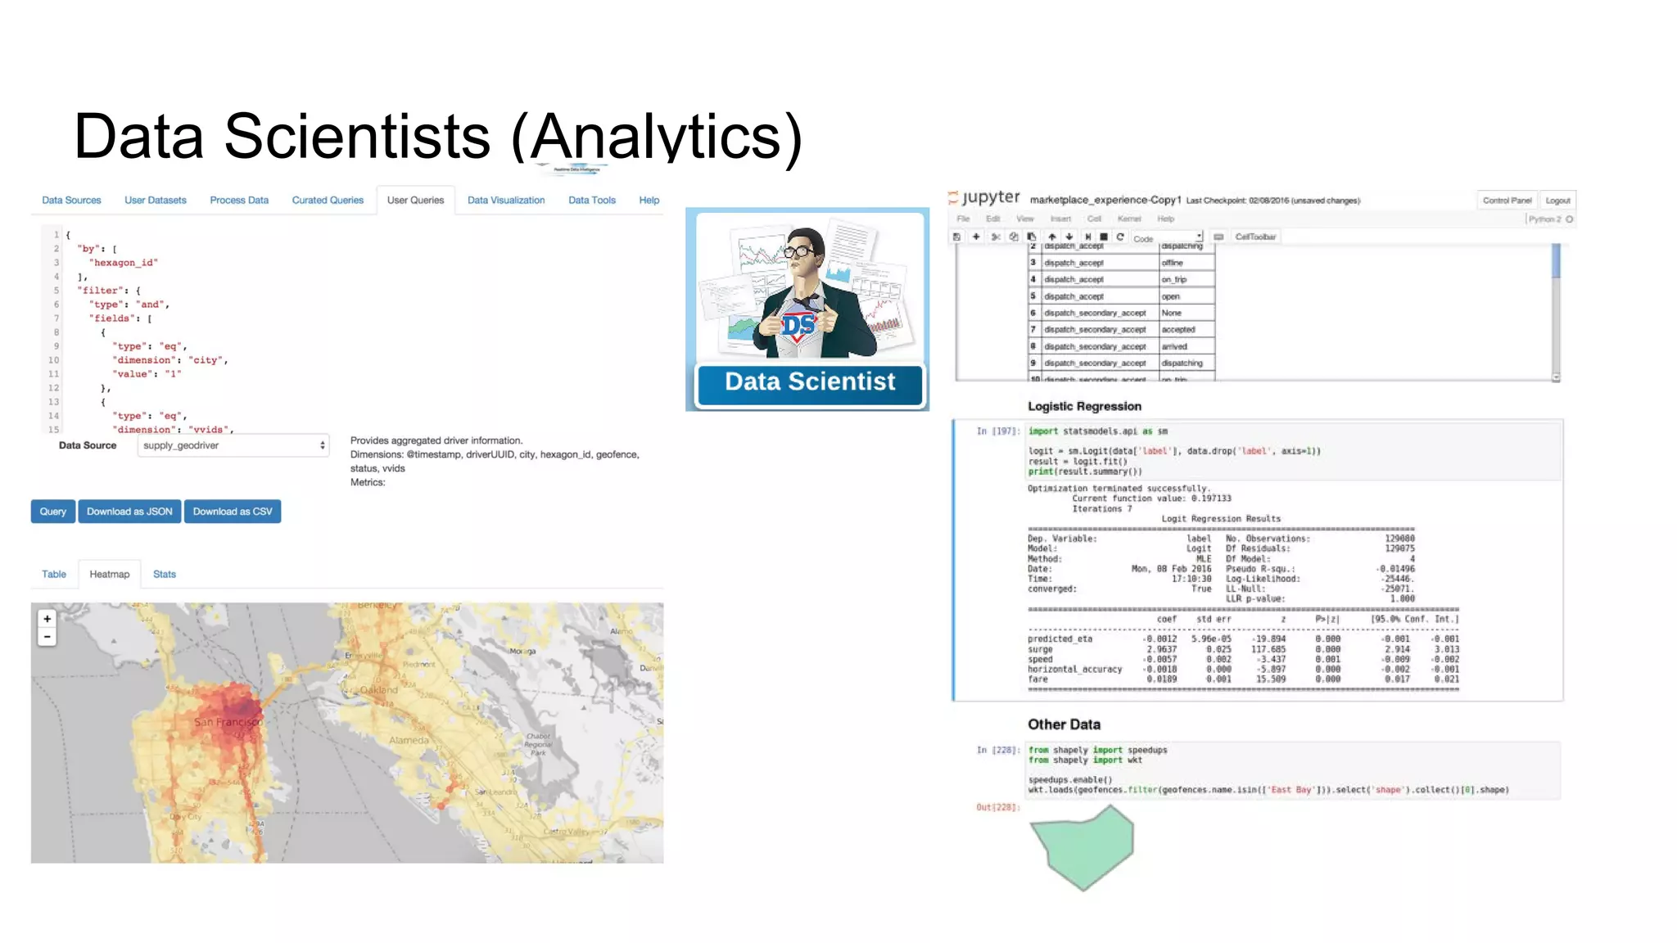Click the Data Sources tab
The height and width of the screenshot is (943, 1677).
[71, 200]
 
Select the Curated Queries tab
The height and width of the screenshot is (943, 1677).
[328, 200]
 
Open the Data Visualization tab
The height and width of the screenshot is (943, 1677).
[506, 200]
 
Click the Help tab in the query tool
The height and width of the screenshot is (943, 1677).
[649, 200]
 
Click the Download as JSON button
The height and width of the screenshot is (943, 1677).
[129, 512]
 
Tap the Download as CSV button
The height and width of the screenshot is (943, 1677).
[233, 512]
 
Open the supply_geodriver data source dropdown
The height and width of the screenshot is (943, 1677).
[233, 445]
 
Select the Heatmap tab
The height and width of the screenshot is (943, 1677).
[109, 574]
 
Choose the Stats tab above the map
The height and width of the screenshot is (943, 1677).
[164, 574]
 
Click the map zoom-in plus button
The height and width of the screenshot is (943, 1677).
[47, 619]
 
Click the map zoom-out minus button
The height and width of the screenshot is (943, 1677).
[47, 637]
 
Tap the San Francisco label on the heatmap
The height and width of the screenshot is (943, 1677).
[228, 722]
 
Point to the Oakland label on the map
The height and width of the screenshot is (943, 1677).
[379, 690]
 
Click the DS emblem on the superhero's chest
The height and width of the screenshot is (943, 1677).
[798, 325]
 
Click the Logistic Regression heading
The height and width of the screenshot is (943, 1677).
[1084, 406]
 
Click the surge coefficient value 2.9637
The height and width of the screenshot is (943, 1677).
[1161, 649]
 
